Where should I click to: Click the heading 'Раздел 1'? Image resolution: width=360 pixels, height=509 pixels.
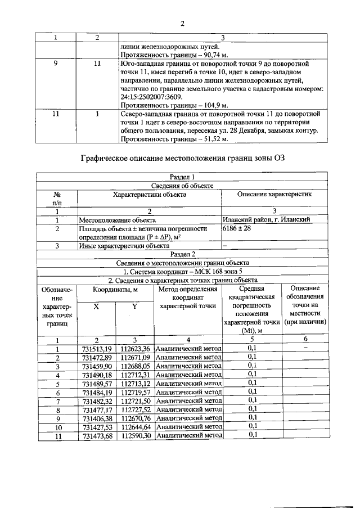(182, 177)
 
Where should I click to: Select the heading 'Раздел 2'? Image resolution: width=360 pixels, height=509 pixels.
(182, 254)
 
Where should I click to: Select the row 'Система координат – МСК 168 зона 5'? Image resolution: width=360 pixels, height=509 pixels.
(182, 271)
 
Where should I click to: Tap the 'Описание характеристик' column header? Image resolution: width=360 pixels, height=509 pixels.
(274, 194)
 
